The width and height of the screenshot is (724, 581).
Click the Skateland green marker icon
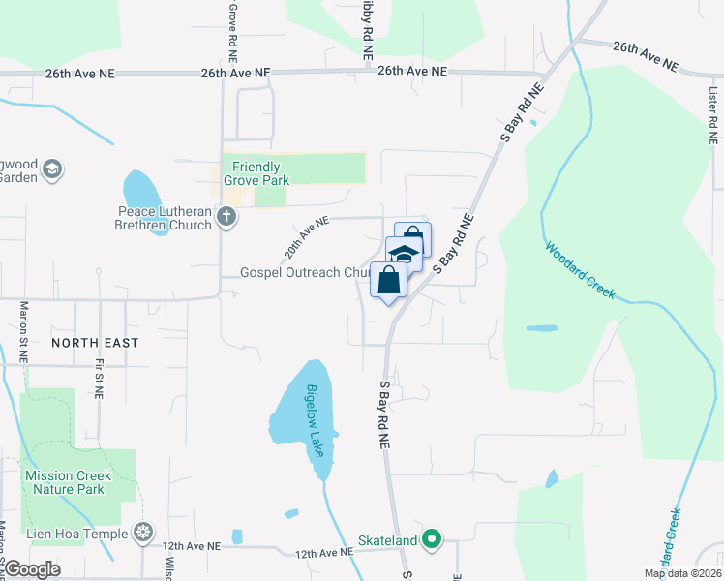[434, 539]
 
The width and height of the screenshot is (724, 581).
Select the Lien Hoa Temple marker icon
[143, 533]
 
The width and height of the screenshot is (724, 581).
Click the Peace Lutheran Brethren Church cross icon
[226, 216]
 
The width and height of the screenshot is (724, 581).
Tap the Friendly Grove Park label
[261, 173]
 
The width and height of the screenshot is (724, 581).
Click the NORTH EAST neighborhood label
[95, 343]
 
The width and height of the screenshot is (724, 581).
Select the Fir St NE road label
[99, 377]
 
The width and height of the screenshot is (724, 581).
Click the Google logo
[32, 569]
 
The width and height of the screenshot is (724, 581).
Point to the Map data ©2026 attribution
[683, 573]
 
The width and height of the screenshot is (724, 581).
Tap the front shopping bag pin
[388, 282]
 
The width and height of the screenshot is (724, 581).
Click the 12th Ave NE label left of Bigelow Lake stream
[192, 546]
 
